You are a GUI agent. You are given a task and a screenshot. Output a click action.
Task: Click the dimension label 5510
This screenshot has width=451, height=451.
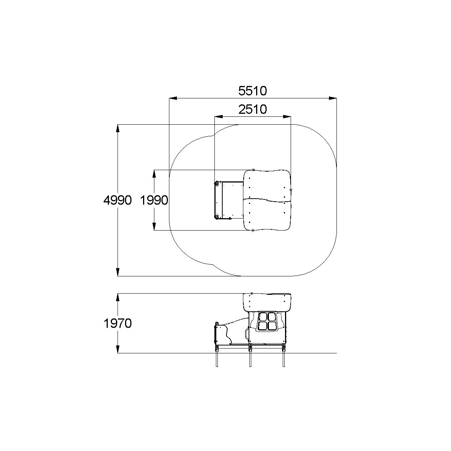252,91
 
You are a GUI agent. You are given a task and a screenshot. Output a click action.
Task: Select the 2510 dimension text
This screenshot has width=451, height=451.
252,109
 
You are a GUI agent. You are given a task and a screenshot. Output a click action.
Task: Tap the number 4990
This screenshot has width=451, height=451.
118,201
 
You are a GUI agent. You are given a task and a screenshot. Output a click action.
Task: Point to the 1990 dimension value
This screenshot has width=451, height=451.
154,201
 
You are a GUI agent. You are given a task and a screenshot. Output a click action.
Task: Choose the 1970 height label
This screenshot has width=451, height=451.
118,323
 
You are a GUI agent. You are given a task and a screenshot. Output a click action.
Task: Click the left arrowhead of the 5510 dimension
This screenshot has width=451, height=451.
173,98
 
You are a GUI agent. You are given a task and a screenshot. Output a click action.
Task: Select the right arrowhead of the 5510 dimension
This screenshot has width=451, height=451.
333,98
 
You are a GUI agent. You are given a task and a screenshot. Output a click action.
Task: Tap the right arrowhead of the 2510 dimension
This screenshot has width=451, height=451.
287,116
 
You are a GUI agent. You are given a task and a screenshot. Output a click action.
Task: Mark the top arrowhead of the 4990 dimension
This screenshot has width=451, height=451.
118,128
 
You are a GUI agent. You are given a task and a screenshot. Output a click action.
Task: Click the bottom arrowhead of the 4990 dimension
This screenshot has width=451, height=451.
118,272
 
